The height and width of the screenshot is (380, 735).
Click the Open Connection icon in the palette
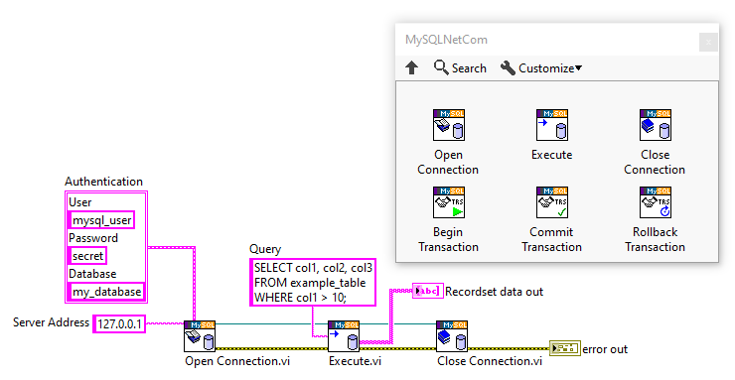pos(448,125)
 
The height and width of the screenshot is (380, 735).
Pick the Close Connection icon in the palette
pos(655,125)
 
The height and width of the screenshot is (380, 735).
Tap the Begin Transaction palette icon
pos(448,202)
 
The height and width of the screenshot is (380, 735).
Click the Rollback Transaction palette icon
pos(655,202)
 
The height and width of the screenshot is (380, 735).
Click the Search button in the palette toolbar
pos(460,67)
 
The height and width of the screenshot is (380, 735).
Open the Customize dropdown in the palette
pos(540,67)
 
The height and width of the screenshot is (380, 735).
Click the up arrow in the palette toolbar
pos(412,67)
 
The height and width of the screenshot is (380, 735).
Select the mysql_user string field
pos(100,220)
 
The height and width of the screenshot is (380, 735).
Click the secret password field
pos(86,256)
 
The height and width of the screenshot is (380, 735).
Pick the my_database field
pos(104,292)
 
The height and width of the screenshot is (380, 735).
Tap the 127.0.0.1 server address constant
pos(118,323)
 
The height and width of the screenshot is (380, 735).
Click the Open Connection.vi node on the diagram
pos(200,336)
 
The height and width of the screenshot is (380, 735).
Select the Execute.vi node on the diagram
pos(345,336)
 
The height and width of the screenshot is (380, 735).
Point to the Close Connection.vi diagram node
pos(452,336)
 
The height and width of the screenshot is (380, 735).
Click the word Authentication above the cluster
pos(103,182)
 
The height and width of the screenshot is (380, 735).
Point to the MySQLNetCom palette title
pos(446,40)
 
